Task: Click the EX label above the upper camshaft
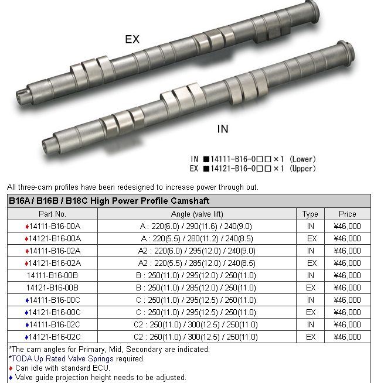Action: (132, 39)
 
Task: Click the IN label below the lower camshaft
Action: (223, 129)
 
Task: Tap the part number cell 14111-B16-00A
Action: (55, 227)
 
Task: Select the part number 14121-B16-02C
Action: (55, 337)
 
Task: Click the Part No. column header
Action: (52, 214)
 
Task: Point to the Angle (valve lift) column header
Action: (197, 214)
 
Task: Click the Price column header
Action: (348, 214)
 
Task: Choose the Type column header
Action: (310, 214)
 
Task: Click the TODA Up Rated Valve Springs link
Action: (63, 358)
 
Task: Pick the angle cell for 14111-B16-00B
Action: (196, 275)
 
